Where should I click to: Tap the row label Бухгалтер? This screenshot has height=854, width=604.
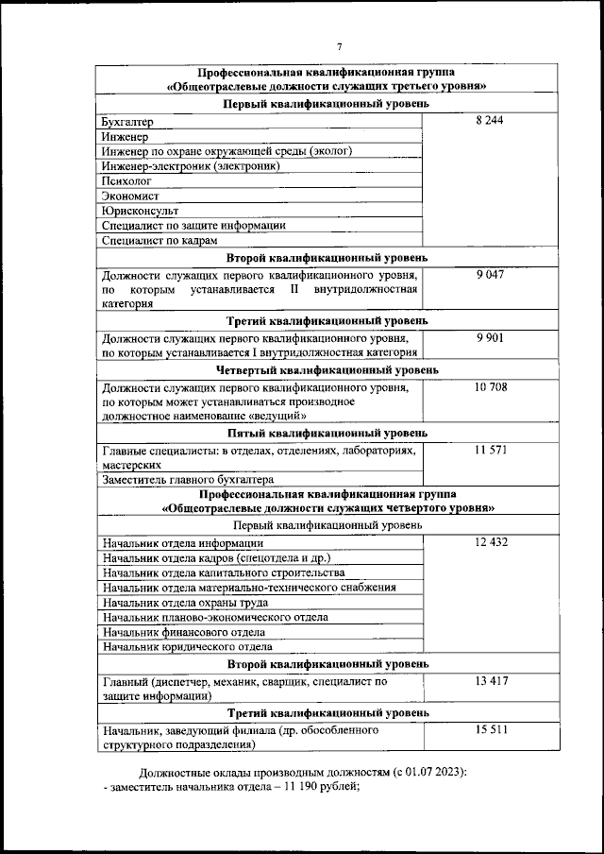coord(127,122)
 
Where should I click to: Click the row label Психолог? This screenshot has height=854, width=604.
coord(126,181)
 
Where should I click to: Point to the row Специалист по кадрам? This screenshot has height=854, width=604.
coord(153,241)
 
